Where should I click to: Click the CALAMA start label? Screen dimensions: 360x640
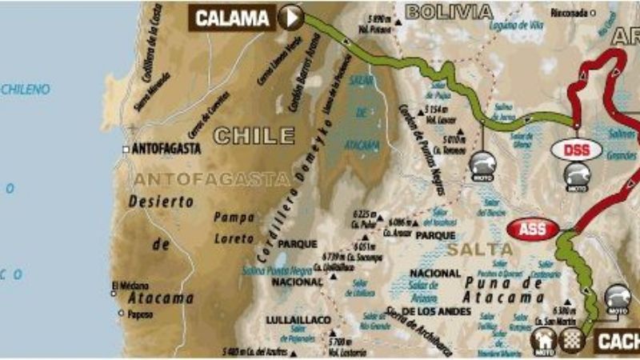pyautogui.click(x=232, y=17)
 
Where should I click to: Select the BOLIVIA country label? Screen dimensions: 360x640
pyautogui.click(x=448, y=10)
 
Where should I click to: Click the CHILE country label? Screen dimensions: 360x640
pyautogui.click(x=254, y=135)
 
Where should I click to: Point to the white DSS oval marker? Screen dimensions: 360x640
pyautogui.click(x=575, y=149)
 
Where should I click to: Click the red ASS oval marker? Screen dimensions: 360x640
pyautogui.click(x=533, y=229)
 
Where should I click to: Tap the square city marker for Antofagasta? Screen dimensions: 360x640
pyautogui.click(x=126, y=149)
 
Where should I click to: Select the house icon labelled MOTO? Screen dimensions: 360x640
pyautogui.click(x=544, y=342)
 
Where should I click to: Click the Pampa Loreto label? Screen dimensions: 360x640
pyautogui.click(x=234, y=226)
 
